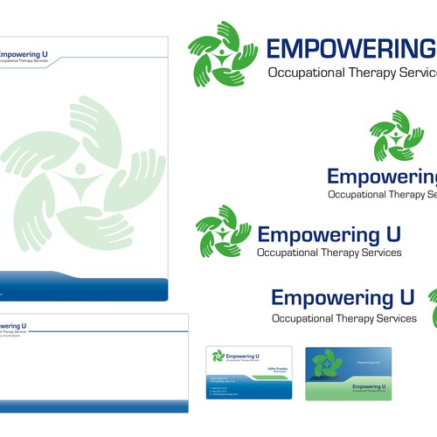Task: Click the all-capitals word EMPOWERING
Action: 350,50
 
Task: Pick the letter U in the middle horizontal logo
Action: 392,234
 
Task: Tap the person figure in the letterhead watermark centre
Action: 81,170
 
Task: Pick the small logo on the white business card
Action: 218,356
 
